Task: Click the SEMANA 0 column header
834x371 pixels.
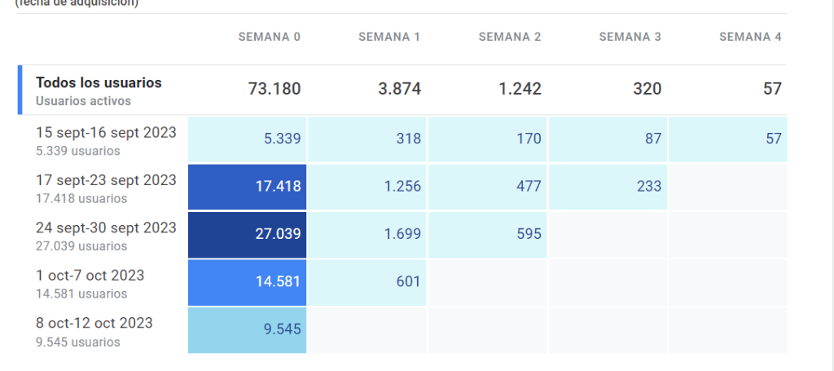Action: pos(270,38)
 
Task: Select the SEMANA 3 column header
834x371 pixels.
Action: pos(630,38)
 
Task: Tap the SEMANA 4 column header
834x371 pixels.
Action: pos(750,38)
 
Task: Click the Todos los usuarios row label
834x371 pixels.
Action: pos(99,83)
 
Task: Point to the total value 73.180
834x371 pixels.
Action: pos(274,90)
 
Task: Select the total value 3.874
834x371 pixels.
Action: pos(399,90)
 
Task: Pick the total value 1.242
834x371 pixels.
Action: pos(520,90)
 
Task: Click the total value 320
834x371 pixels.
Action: pos(647,90)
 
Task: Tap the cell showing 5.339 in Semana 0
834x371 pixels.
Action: pos(248,139)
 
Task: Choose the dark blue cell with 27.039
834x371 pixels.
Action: pos(248,234)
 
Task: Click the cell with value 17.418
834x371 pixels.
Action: pos(248,187)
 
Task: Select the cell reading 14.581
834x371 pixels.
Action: pos(248,282)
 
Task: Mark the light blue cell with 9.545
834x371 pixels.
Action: pos(248,330)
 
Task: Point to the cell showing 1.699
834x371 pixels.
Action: pos(367,234)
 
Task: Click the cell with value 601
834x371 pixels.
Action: pos(367,282)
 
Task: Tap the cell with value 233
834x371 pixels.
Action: pos(608,187)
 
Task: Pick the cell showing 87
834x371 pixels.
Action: pos(608,139)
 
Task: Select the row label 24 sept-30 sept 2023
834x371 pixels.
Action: pos(106,228)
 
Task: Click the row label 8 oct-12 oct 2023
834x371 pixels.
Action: pos(94,324)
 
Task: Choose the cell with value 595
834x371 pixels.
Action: pos(488,234)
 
